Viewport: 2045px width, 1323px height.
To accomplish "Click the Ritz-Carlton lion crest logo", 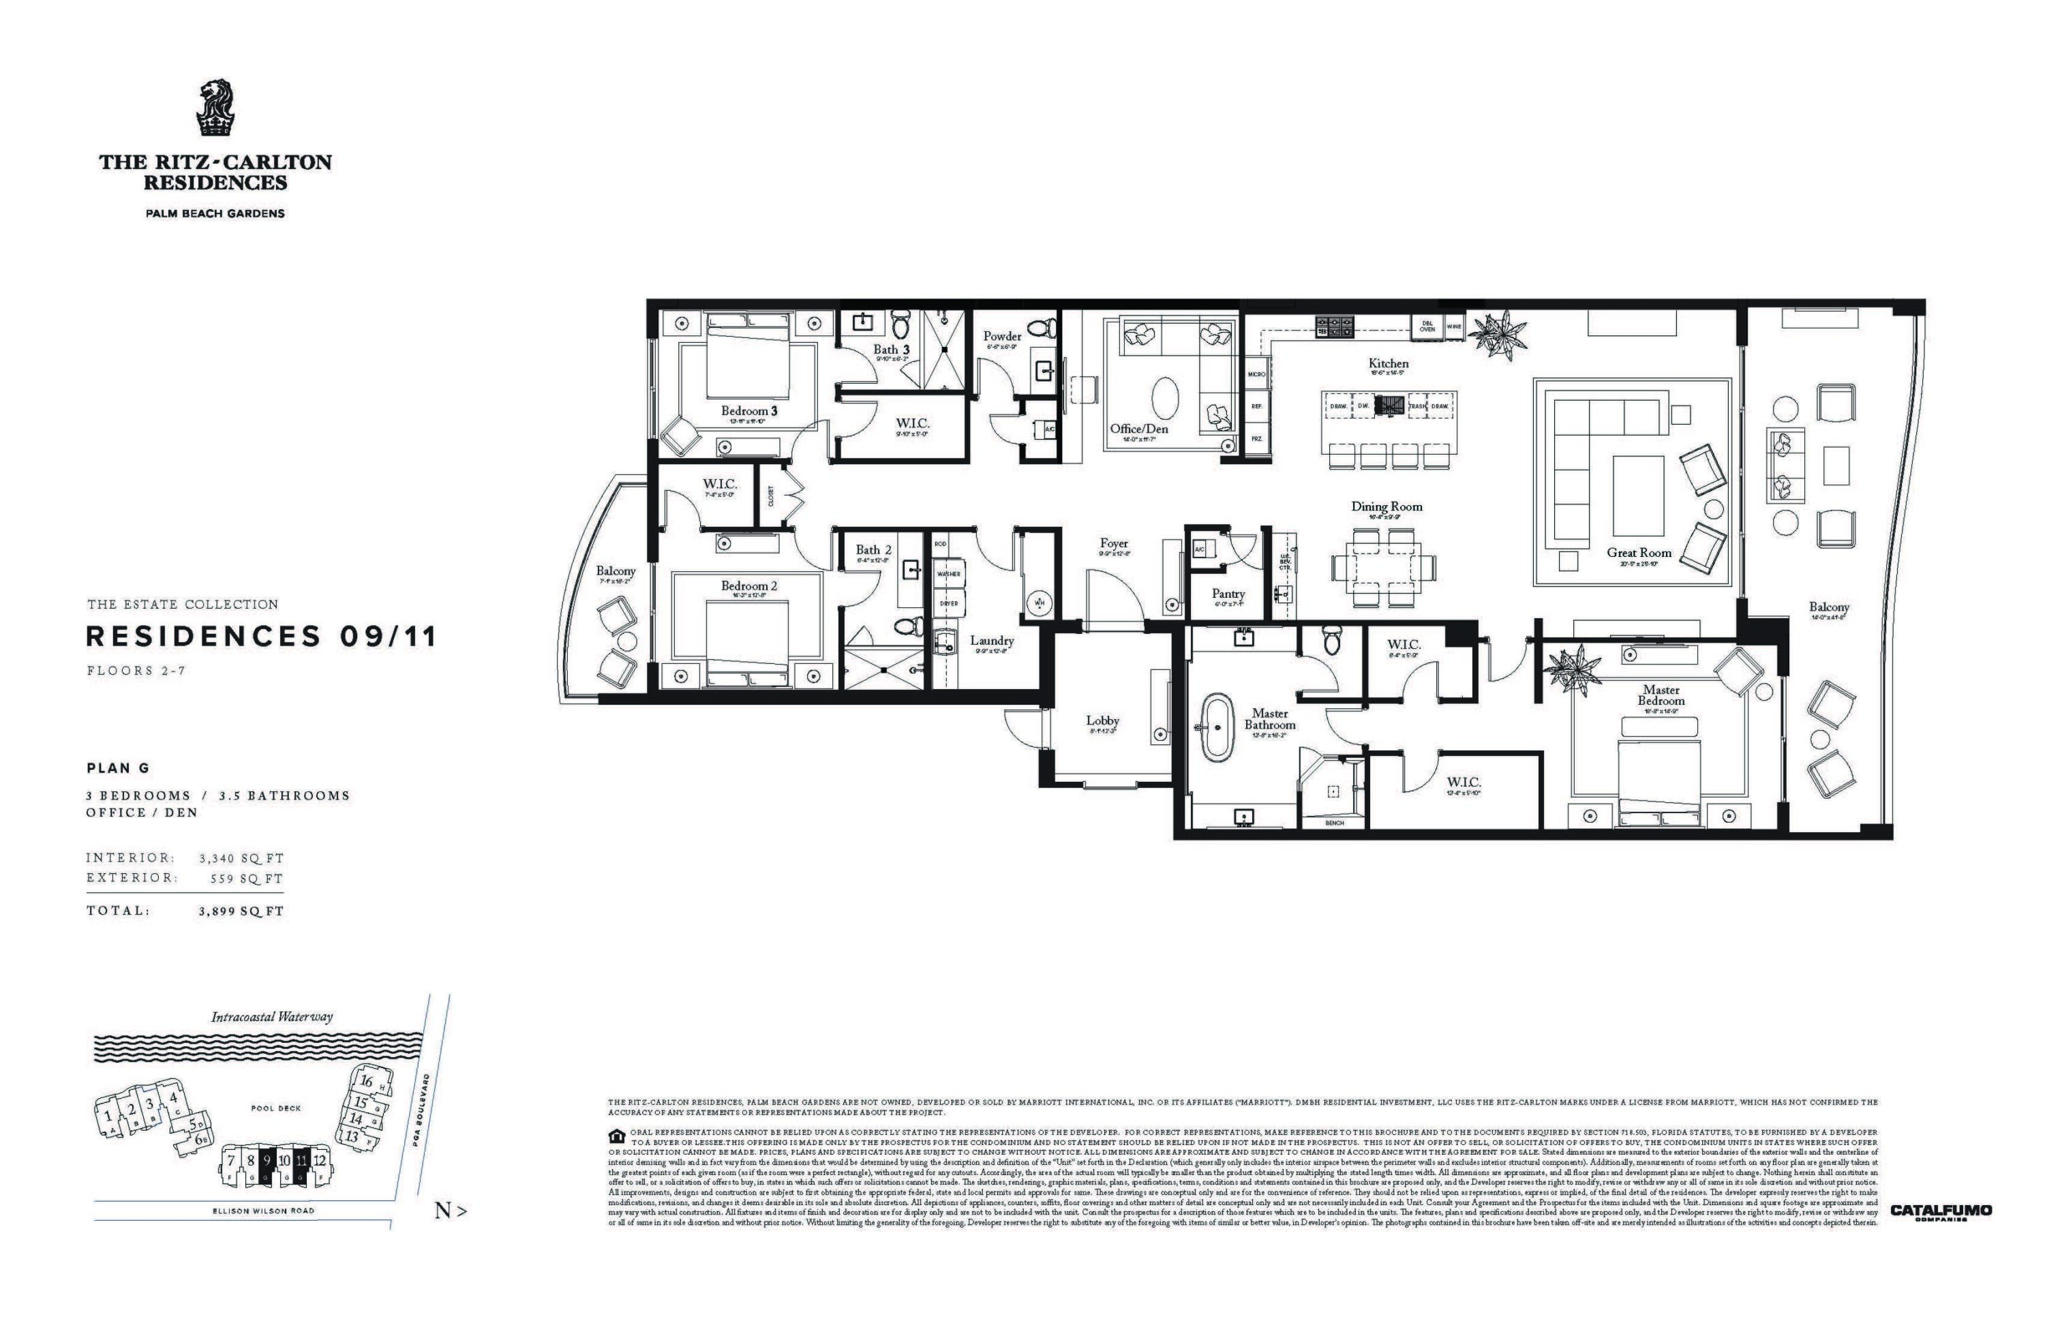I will [215, 108].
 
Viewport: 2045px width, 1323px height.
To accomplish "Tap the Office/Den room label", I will [1138, 429].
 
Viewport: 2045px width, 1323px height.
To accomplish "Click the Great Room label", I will [1639, 552].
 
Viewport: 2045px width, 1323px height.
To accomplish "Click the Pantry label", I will [1228, 594].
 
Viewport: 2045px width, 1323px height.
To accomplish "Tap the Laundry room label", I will [992, 640].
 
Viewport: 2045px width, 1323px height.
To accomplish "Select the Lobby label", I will [1102, 720].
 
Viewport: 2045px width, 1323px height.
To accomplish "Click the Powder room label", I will [1002, 336].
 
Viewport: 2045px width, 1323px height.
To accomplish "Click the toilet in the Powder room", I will [1043, 326].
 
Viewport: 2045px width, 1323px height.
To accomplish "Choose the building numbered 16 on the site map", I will [366, 1082].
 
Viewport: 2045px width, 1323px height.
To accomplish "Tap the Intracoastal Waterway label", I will [271, 1017].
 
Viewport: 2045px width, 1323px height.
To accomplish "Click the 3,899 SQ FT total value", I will [241, 911].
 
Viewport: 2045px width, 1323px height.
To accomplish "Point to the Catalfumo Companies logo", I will [1940, 1212].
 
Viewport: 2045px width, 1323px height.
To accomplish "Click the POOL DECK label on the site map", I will [276, 1108].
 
